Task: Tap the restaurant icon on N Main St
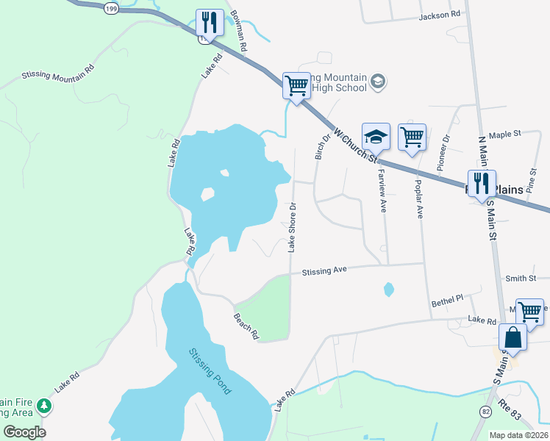482,184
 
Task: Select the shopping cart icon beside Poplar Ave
412,137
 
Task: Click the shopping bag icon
513,338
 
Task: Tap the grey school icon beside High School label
378,81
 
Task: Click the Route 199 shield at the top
110,8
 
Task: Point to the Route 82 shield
485,412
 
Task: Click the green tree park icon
45,406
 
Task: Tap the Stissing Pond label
210,371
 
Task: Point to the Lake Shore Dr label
292,227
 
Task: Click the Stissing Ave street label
324,271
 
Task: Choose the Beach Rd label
246,326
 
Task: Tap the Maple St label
504,135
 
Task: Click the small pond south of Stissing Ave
388,290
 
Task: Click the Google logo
24,432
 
